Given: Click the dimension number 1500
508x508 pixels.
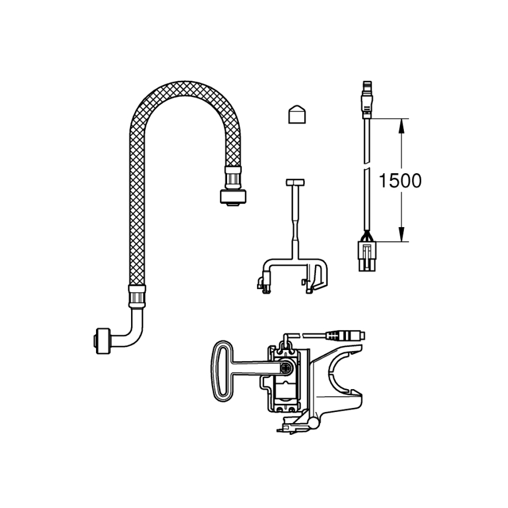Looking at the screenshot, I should point(400,181).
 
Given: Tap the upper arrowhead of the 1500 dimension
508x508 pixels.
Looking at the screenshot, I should point(401,123).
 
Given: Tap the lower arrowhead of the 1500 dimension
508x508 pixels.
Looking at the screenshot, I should point(401,236).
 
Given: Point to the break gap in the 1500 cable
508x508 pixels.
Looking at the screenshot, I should point(367,166).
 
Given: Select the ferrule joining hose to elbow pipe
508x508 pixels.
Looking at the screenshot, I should point(137,296).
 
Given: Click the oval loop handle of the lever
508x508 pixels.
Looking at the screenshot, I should point(221,368).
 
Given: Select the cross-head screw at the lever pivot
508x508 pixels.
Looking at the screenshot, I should point(287,368).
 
